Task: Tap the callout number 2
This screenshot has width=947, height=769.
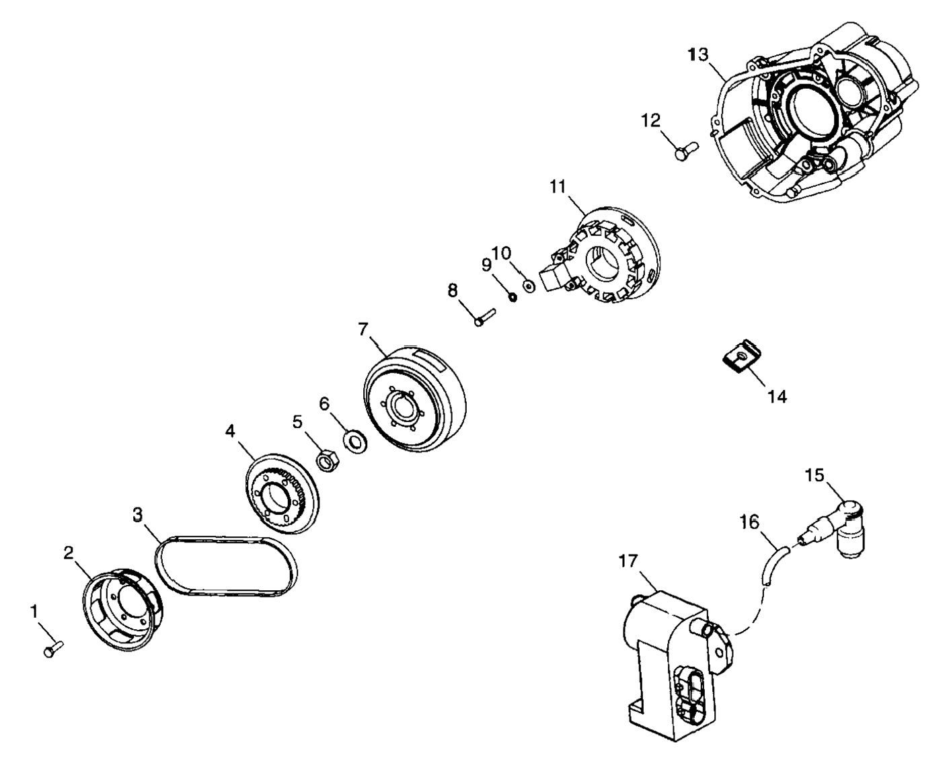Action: click(x=69, y=553)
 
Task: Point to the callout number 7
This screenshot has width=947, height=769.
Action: click(x=363, y=329)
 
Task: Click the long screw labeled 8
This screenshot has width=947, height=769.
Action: click(x=484, y=317)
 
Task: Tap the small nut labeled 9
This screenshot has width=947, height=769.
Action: click(x=512, y=297)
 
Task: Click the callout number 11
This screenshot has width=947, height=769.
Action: click(x=558, y=186)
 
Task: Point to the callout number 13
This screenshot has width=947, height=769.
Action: click(x=699, y=54)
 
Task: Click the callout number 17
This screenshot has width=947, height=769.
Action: click(x=628, y=561)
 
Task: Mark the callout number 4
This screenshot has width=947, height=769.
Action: click(x=230, y=431)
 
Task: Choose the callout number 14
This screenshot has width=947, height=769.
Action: click(x=777, y=397)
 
